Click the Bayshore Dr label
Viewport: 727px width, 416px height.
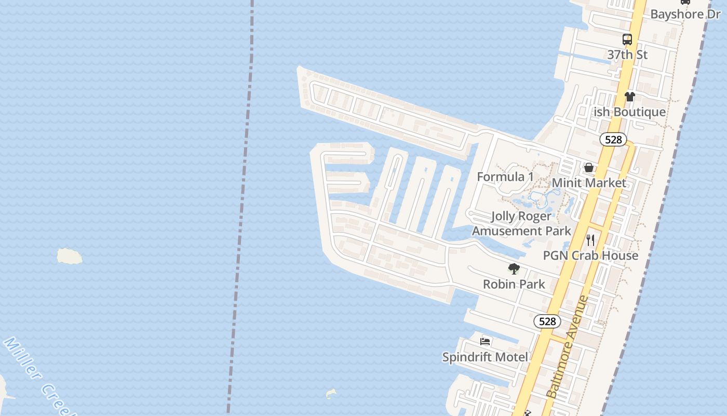(x=685, y=14)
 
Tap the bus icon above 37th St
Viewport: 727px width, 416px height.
(x=627, y=39)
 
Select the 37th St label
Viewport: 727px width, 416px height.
(x=627, y=54)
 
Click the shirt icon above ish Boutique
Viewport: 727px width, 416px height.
(x=630, y=96)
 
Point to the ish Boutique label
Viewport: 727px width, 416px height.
(x=630, y=112)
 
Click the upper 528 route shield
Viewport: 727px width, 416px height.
(x=613, y=139)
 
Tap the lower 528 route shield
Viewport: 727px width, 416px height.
(x=547, y=321)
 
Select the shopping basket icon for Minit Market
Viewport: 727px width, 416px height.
(x=589, y=167)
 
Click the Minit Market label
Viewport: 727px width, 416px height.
(x=589, y=183)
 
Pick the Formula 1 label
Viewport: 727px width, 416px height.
(x=505, y=176)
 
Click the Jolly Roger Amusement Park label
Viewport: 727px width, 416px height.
(x=521, y=223)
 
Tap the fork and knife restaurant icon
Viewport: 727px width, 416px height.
(x=590, y=240)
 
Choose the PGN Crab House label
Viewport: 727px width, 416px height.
(x=590, y=255)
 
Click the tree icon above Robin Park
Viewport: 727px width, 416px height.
(x=514, y=269)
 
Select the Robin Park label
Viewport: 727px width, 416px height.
(x=514, y=284)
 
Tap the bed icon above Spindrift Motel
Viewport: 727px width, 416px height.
(x=485, y=342)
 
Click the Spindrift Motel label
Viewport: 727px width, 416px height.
(x=485, y=357)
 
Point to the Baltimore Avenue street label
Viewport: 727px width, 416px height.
(x=568, y=347)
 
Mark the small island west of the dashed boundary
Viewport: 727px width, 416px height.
(x=69, y=256)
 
